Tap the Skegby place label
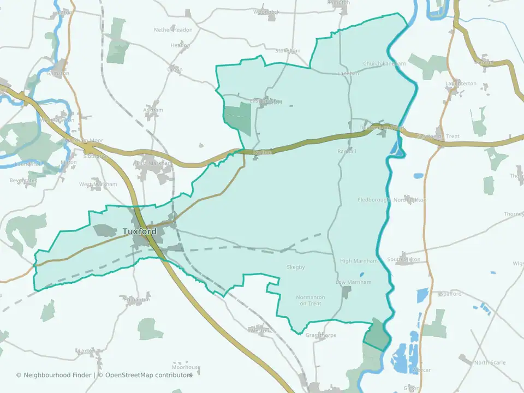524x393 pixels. tap(295, 267)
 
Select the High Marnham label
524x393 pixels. tap(355, 261)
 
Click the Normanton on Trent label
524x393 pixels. tap(310, 300)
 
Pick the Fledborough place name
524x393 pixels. tap(374, 200)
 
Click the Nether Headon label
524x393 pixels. tap(173, 30)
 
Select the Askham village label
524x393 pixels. tap(153, 110)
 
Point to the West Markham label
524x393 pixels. tap(98, 184)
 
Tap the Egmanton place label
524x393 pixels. tap(135, 300)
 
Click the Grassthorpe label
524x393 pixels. tap(321, 335)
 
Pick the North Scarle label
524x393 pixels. tap(490, 362)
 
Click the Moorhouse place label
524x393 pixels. tap(186, 368)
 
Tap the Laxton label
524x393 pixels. tap(87, 351)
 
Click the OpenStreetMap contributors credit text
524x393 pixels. tap(148, 375)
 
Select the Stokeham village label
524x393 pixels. tap(288, 51)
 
